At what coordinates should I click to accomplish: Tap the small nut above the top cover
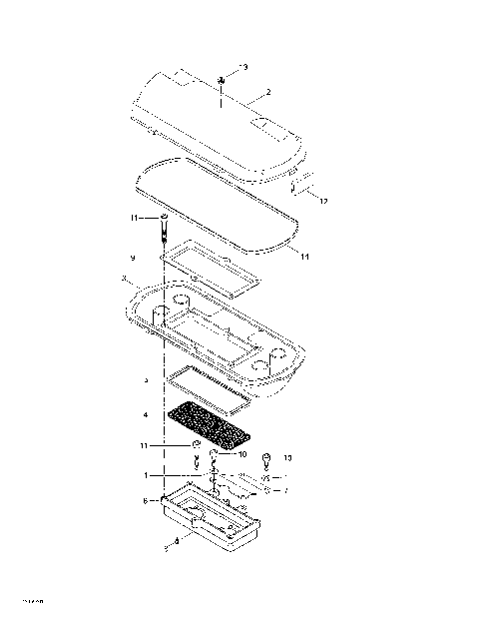[219, 81]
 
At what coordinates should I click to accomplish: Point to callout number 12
[321, 201]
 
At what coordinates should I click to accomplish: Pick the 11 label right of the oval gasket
[304, 258]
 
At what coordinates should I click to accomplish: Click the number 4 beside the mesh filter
[146, 412]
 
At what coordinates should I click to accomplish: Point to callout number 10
[242, 453]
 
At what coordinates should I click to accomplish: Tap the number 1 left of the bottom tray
[146, 476]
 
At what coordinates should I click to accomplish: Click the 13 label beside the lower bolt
[288, 458]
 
